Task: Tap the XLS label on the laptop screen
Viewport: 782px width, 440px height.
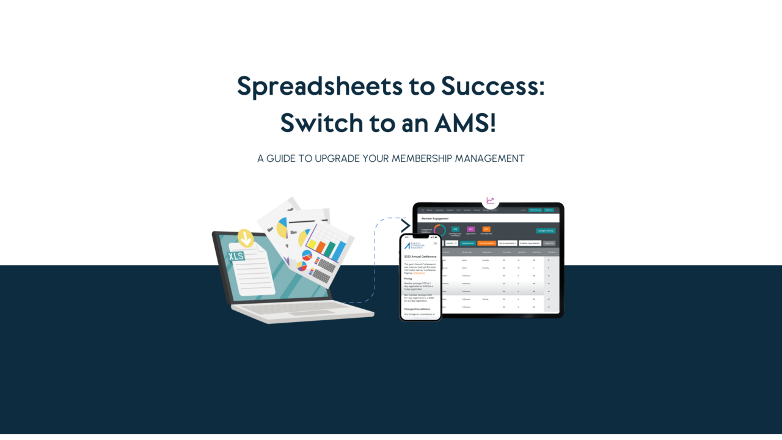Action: (x=236, y=256)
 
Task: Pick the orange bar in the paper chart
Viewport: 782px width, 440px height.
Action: (x=320, y=248)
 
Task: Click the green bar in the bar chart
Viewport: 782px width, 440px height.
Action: (x=330, y=249)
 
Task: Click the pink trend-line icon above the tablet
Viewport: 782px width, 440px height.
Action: (x=490, y=200)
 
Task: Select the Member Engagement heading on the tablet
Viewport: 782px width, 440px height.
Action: (x=434, y=218)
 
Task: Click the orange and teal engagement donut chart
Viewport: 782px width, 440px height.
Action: (x=440, y=231)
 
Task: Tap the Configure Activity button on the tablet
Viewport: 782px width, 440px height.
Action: (x=546, y=231)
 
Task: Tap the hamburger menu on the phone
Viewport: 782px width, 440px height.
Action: (x=435, y=243)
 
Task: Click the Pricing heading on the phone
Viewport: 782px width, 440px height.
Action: (x=408, y=279)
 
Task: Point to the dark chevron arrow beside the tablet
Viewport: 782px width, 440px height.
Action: (x=406, y=226)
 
